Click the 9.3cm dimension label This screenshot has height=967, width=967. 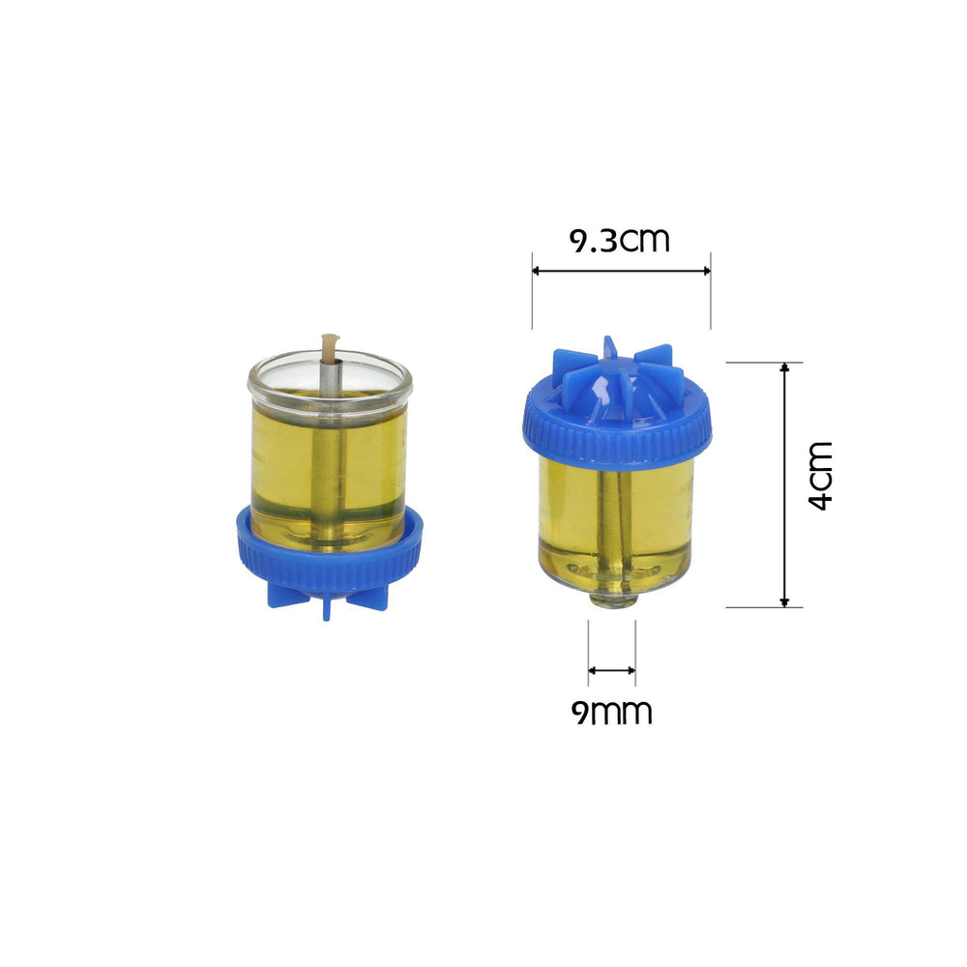click(x=620, y=240)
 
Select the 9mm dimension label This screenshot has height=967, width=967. click(x=611, y=713)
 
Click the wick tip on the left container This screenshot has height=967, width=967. click(x=330, y=341)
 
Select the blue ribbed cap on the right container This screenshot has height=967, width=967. click(x=617, y=430)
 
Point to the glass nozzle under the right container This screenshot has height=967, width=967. click(x=612, y=600)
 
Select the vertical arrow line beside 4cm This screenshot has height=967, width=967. click(x=784, y=484)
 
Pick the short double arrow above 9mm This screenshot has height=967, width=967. click(x=612, y=669)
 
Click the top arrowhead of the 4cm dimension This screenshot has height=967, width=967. click(x=784, y=368)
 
